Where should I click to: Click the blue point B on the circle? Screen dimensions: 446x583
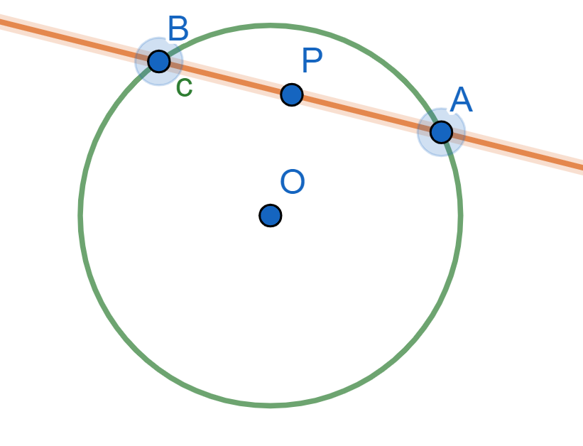159,61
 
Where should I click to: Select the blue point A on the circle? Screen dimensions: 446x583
441,131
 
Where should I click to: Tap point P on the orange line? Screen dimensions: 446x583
292,94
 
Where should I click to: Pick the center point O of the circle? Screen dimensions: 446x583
271,215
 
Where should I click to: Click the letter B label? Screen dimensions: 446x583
178,30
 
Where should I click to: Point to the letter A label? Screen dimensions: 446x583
462,100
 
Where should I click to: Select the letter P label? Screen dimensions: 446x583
312,62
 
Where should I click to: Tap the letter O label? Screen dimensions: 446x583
293,183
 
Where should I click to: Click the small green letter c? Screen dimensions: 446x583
184,87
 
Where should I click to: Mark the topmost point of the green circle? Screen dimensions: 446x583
271,26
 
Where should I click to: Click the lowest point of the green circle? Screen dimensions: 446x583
271,405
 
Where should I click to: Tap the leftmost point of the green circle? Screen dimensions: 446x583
81,215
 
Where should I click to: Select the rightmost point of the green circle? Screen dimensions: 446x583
460,215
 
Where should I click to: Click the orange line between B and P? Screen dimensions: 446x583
224,77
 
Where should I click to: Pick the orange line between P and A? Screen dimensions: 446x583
366,113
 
